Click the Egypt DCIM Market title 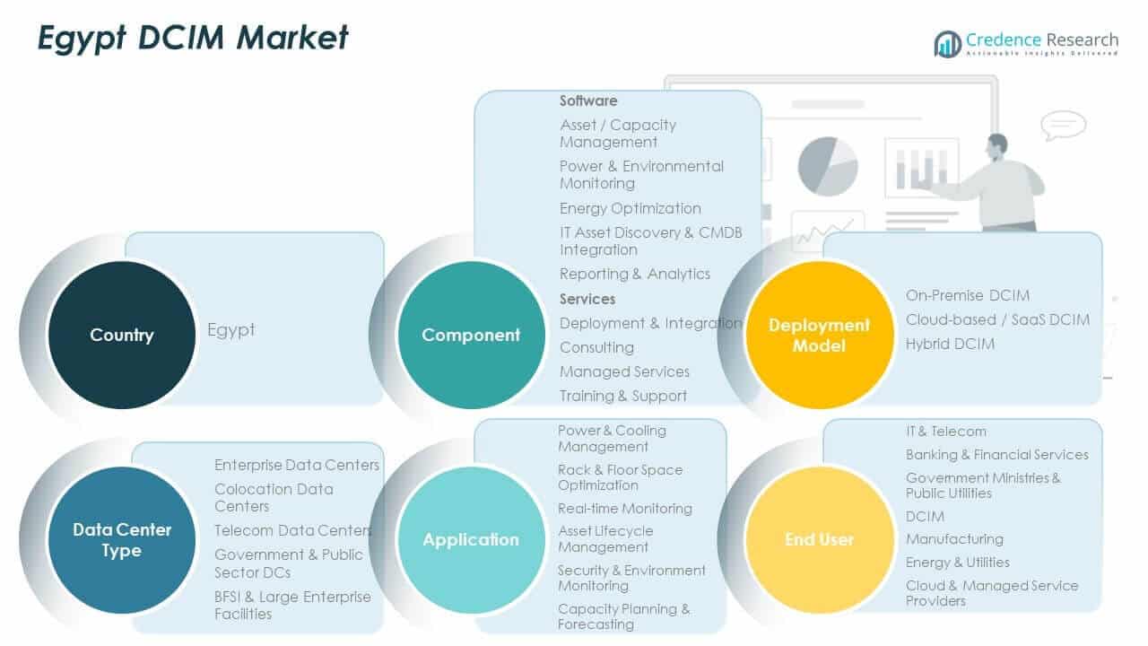click(x=192, y=38)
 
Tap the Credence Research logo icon click(x=947, y=43)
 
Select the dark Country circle click(x=121, y=335)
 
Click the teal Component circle click(x=471, y=335)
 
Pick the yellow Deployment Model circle click(x=819, y=335)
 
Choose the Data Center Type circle click(x=121, y=539)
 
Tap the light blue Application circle click(x=471, y=539)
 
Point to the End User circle click(x=819, y=539)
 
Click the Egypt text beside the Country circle click(x=231, y=329)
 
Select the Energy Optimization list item click(x=630, y=208)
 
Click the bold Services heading click(x=587, y=299)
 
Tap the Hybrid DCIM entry click(x=950, y=344)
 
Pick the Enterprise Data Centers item click(x=297, y=465)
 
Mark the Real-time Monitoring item click(x=624, y=509)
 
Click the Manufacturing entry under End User click(x=954, y=539)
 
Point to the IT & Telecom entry click(x=945, y=432)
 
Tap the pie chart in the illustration click(x=827, y=166)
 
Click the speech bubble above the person click(x=1063, y=125)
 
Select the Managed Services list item click(x=624, y=371)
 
